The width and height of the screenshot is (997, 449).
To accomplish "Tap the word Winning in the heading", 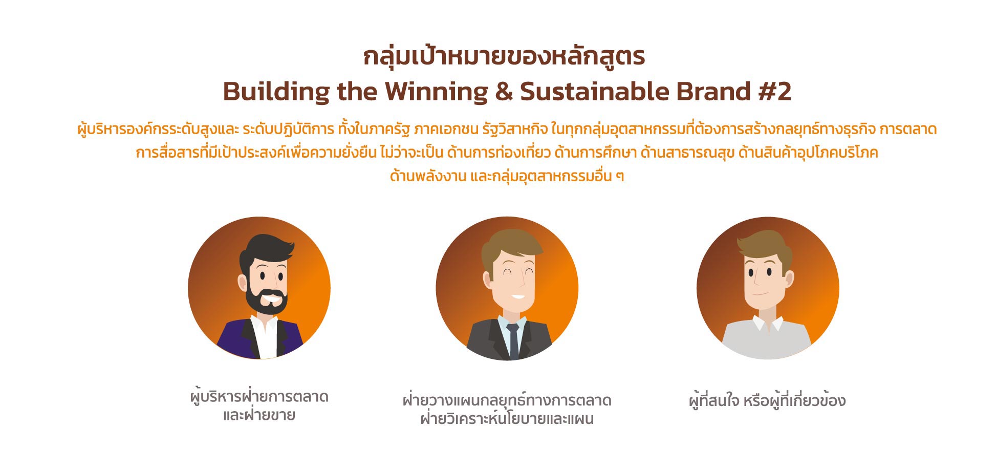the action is click(436, 92).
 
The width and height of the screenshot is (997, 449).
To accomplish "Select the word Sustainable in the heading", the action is click(594, 92).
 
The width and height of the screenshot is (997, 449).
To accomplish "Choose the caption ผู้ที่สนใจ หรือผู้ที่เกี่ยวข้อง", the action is click(767, 400).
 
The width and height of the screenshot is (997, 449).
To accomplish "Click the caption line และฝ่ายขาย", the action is click(259, 415).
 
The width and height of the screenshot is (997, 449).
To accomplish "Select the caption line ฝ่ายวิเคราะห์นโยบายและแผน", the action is click(507, 419).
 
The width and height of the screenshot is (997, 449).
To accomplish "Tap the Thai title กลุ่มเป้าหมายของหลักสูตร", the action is click(504, 56).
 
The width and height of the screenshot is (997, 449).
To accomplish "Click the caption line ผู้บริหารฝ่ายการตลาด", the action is click(259, 397).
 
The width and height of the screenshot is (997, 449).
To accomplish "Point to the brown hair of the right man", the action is click(764, 245).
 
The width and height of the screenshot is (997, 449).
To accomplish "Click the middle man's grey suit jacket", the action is click(481, 340).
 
